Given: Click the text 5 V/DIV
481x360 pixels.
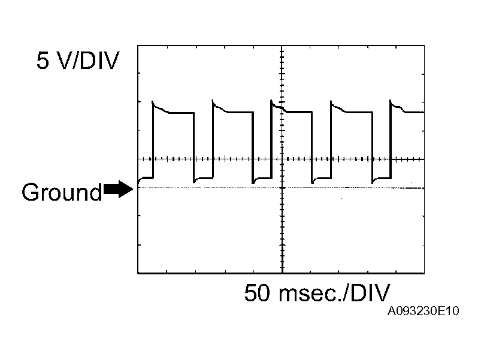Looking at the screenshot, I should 78,60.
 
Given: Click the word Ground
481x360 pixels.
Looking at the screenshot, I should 62,193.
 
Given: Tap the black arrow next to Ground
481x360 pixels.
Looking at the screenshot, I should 118,190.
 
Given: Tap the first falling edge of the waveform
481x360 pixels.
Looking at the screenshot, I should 194,147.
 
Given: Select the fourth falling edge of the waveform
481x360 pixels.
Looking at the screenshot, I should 372,147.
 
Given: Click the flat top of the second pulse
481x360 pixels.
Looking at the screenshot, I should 237,112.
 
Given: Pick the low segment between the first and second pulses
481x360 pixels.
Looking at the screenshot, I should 204,178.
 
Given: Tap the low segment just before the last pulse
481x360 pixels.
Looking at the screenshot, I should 382,178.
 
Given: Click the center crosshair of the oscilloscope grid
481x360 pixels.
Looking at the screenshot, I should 282,159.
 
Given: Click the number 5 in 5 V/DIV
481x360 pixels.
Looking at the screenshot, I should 43,60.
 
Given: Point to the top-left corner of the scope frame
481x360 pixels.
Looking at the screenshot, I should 138,45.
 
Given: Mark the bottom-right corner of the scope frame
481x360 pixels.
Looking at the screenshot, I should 424,274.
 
